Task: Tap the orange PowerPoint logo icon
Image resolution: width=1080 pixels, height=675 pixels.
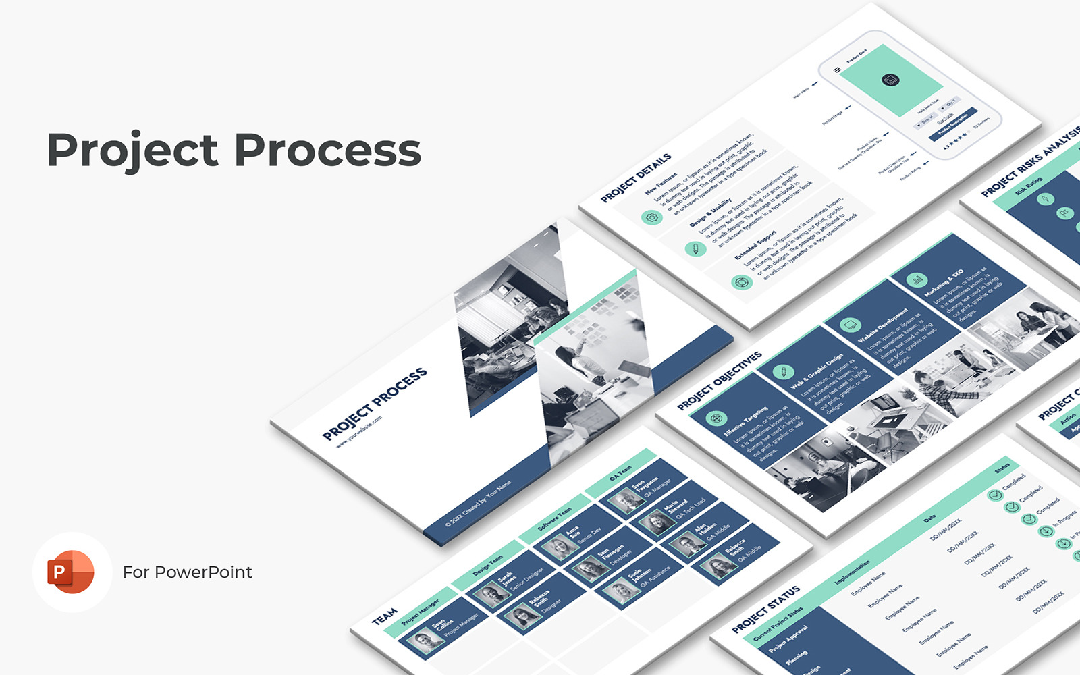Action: [x=71, y=572]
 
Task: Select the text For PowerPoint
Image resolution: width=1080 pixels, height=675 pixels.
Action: [x=187, y=572]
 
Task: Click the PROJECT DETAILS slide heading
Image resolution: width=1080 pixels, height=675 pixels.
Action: [x=636, y=178]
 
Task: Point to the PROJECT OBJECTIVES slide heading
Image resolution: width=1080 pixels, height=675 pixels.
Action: [x=720, y=381]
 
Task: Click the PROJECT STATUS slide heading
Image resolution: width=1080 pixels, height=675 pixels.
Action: [x=766, y=609]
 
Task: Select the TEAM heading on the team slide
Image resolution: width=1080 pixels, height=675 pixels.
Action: [x=385, y=616]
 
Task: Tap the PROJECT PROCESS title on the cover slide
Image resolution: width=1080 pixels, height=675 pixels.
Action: [x=375, y=404]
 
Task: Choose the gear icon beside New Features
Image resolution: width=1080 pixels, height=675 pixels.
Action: [x=651, y=217]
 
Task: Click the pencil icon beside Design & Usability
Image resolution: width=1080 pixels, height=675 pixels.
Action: [x=695, y=249]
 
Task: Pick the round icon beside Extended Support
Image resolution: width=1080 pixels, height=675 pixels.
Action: [x=741, y=282]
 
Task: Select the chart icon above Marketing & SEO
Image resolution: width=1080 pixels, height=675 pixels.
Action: [x=916, y=279]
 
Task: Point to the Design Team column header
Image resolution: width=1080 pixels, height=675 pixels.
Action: [x=487, y=564]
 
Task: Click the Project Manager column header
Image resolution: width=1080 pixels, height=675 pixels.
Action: [x=420, y=611]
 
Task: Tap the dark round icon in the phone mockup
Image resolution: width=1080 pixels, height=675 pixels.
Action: [x=890, y=81]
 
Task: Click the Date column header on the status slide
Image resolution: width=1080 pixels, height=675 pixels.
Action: [x=929, y=518]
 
